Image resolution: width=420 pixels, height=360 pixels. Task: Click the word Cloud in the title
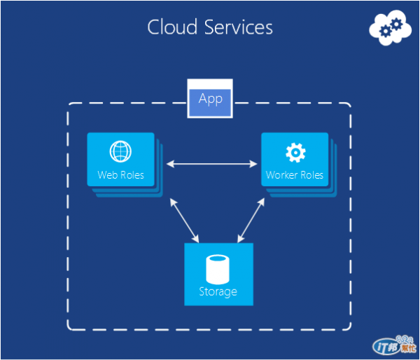[x=172, y=27]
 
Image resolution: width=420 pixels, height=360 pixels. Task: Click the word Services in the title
[x=239, y=27]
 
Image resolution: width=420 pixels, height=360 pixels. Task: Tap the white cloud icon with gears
[x=390, y=27]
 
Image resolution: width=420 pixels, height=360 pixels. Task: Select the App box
[x=210, y=98]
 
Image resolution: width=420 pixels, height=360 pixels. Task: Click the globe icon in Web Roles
[x=120, y=151]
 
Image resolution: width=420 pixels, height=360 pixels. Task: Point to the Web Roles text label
[x=121, y=175]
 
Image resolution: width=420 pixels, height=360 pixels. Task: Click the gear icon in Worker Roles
[x=295, y=153]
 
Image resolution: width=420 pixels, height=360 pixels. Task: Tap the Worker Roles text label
[x=295, y=175]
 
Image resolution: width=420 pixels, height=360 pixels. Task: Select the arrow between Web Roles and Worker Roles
[x=211, y=164]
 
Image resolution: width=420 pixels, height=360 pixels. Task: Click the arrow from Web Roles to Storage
[x=184, y=221]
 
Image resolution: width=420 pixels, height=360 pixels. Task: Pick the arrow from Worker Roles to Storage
[x=251, y=221]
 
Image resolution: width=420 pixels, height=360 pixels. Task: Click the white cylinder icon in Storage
[x=218, y=270]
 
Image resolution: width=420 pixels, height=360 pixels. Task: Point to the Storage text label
[x=218, y=292]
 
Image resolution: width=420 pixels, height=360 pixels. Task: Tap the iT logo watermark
[x=394, y=345]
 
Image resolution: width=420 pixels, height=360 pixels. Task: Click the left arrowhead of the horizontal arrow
[x=170, y=164]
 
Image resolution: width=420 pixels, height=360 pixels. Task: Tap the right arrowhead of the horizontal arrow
[x=253, y=164]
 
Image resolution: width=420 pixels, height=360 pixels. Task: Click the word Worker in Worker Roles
[x=282, y=175]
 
